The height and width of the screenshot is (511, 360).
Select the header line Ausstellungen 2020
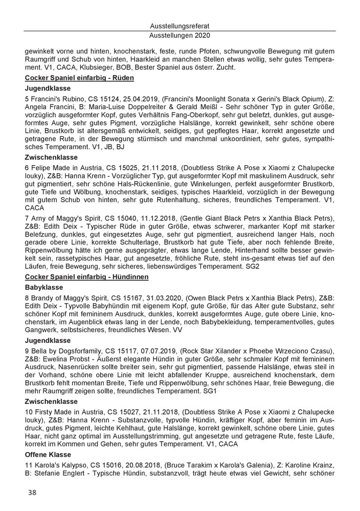pos(180,36)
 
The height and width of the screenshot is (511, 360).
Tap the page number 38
pos(32,493)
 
